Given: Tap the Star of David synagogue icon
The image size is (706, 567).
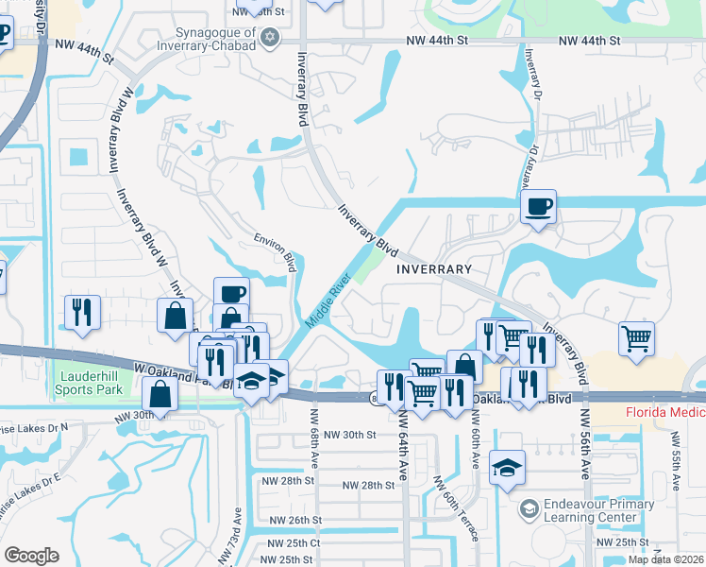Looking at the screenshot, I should pos(272,37).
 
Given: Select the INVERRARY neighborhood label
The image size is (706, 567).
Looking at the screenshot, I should pos(433,269).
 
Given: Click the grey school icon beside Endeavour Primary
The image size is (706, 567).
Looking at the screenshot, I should pos(529,511).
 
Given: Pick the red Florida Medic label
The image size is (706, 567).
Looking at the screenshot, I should pos(665,413).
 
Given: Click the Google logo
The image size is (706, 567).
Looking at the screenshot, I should pos(31,555).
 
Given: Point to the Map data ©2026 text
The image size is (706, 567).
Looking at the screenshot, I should pos(664,559).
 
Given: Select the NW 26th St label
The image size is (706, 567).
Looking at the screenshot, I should pos(296,521).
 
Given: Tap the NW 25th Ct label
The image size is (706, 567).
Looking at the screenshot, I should pos(294,543).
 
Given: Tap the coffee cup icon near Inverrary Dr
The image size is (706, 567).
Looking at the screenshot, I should pos(538,207).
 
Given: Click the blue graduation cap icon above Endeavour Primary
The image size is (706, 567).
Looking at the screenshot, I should pos(508,467).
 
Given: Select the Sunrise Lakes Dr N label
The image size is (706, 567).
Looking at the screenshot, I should pos(38,428).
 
